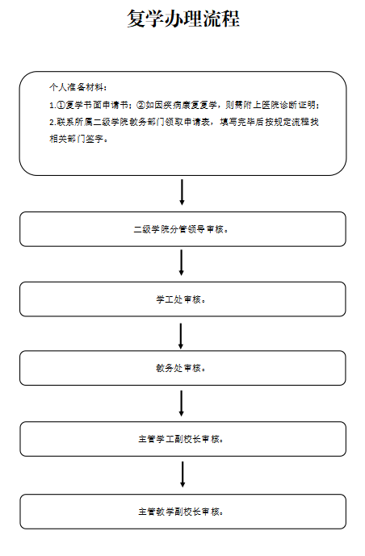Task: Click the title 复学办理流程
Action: click(183, 19)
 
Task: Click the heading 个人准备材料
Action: click(76, 87)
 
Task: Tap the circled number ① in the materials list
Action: click(61, 105)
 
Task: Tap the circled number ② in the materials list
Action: click(141, 105)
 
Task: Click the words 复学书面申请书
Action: click(97, 105)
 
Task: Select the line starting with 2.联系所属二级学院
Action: click(184, 122)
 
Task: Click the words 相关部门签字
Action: click(76, 139)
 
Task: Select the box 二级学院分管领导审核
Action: click(182, 229)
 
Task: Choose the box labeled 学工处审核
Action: click(182, 299)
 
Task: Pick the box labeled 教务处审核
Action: click(182, 368)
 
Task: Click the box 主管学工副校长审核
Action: click(182, 439)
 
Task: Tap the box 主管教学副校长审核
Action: click(182, 512)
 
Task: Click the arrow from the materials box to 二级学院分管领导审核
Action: click(182, 192)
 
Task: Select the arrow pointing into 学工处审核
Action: click(182, 263)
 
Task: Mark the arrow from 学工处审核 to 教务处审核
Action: click(181, 337)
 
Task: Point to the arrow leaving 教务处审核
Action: click(182, 403)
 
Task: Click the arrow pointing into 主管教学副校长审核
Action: click(182, 474)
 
